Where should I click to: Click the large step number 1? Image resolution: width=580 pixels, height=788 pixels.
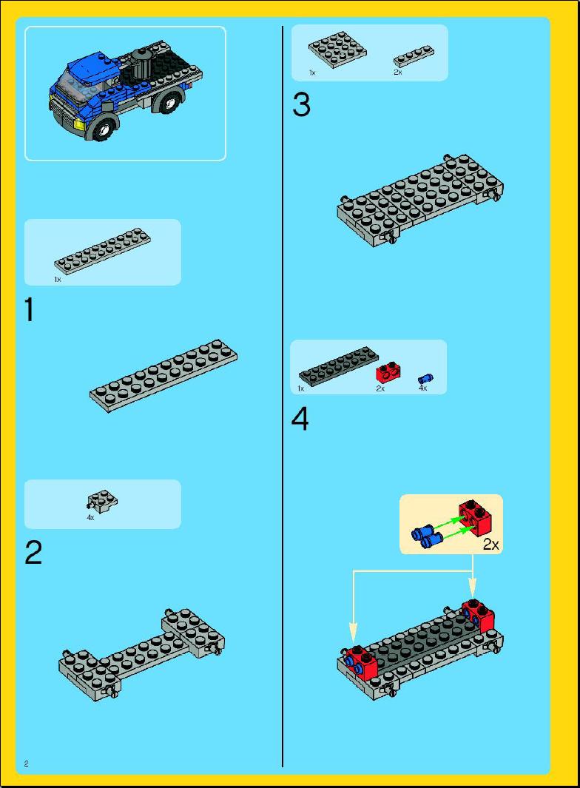pos(30,309)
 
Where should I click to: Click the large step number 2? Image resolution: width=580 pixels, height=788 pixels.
pos(33,553)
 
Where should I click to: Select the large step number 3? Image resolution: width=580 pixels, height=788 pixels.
pos(301,106)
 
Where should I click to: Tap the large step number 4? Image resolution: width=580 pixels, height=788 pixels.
pos(300,419)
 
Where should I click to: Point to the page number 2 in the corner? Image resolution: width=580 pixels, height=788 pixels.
pos(26,764)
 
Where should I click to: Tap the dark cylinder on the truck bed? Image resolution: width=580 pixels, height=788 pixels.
pos(141,64)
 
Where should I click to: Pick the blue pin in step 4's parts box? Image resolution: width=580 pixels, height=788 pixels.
pos(425,379)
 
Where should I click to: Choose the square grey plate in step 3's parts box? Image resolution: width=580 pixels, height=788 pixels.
pos(337,50)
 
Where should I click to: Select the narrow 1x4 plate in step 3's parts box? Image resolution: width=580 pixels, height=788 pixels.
pos(414,56)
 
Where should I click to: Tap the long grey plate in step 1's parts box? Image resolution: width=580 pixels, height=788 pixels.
pos(103,251)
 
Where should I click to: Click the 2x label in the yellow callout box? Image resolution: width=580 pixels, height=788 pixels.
pos(491,544)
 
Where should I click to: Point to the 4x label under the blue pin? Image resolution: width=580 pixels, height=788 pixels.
pos(422,388)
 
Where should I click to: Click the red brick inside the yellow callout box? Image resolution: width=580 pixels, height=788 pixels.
pos(475,518)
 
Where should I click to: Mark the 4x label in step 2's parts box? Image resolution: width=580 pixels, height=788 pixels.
pos(90,517)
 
